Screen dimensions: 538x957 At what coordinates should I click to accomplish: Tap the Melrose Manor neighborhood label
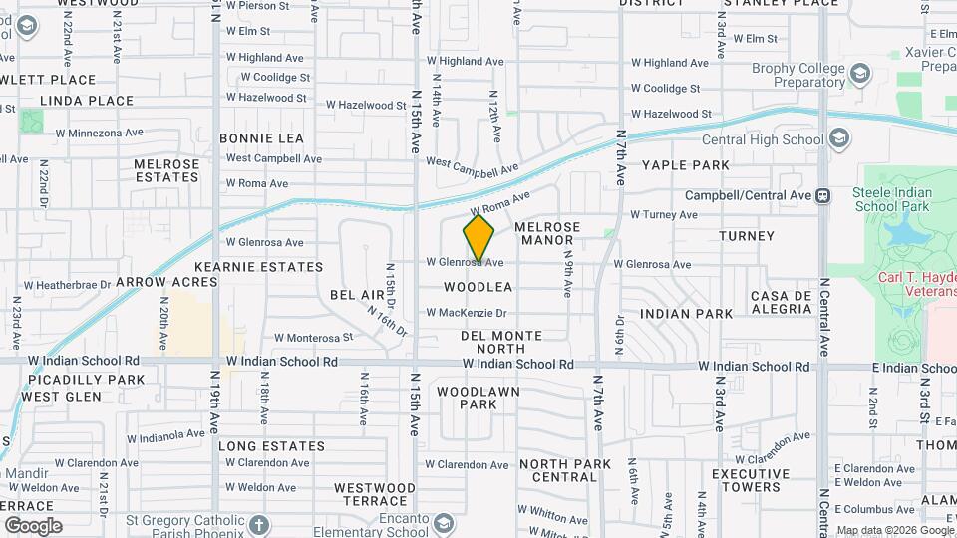click(544, 234)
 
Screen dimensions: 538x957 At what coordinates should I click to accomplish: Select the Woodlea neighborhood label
click(478, 287)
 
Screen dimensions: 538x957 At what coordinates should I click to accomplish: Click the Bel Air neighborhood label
click(357, 296)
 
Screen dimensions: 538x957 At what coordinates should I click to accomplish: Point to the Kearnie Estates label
click(245, 267)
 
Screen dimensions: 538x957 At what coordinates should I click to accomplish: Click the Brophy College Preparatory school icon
click(860, 73)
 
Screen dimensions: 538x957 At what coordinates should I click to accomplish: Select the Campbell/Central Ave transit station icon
click(823, 195)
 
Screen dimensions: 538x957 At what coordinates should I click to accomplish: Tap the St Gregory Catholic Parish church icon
click(258, 524)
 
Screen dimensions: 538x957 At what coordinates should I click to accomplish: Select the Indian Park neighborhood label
click(687, 314)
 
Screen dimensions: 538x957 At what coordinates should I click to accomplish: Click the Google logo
click(32, 526)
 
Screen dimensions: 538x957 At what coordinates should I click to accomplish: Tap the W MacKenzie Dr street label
click(467, 313)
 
